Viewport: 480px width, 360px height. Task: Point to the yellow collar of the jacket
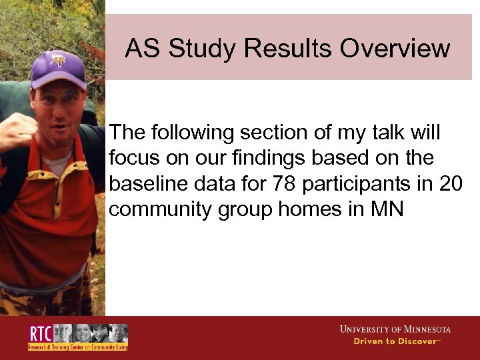pyautogui.click(x=67, y=187)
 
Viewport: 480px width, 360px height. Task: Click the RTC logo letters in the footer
pyautogui.click(x=39, y=333)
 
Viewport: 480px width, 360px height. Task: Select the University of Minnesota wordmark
pyautogui.click(x=395, y=329)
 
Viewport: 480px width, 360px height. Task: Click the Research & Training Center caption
pyautogui.click(x=77, y=347)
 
